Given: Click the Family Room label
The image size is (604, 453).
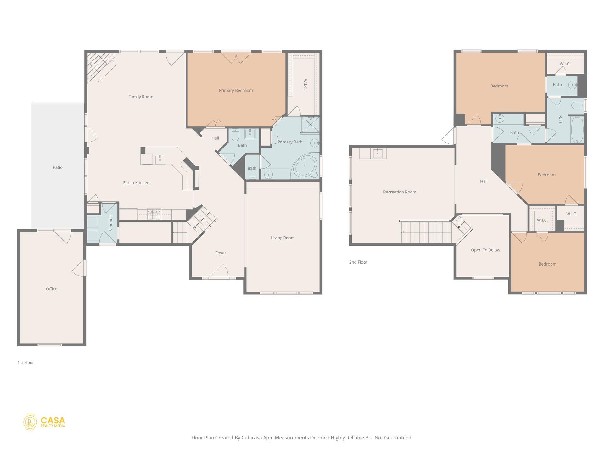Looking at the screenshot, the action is coord(141,97).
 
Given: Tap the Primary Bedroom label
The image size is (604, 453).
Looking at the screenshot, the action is coord(236,90).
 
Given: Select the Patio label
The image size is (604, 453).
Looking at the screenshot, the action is coord(58,167).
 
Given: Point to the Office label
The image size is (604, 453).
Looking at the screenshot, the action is coord(52,289).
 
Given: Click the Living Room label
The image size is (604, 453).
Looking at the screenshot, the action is coord(283,238).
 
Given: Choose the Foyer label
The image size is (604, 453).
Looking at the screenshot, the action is coord(221,253).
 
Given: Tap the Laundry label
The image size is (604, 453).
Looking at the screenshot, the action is coord(111,223).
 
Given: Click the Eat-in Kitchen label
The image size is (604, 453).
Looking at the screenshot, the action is coord(136,183).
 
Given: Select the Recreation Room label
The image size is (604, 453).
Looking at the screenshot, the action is coord(400,192).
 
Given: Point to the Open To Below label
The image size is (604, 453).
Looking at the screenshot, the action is coord(485,250).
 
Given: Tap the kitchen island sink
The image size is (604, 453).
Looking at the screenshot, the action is coord(160,160).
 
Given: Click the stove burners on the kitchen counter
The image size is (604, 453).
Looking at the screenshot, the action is coord(154,214).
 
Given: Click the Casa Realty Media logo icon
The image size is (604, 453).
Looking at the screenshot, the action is coord(30,422).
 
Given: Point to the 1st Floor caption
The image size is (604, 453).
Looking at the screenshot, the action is coord(26,363).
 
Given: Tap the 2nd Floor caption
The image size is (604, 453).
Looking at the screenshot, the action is coord(358,262).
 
